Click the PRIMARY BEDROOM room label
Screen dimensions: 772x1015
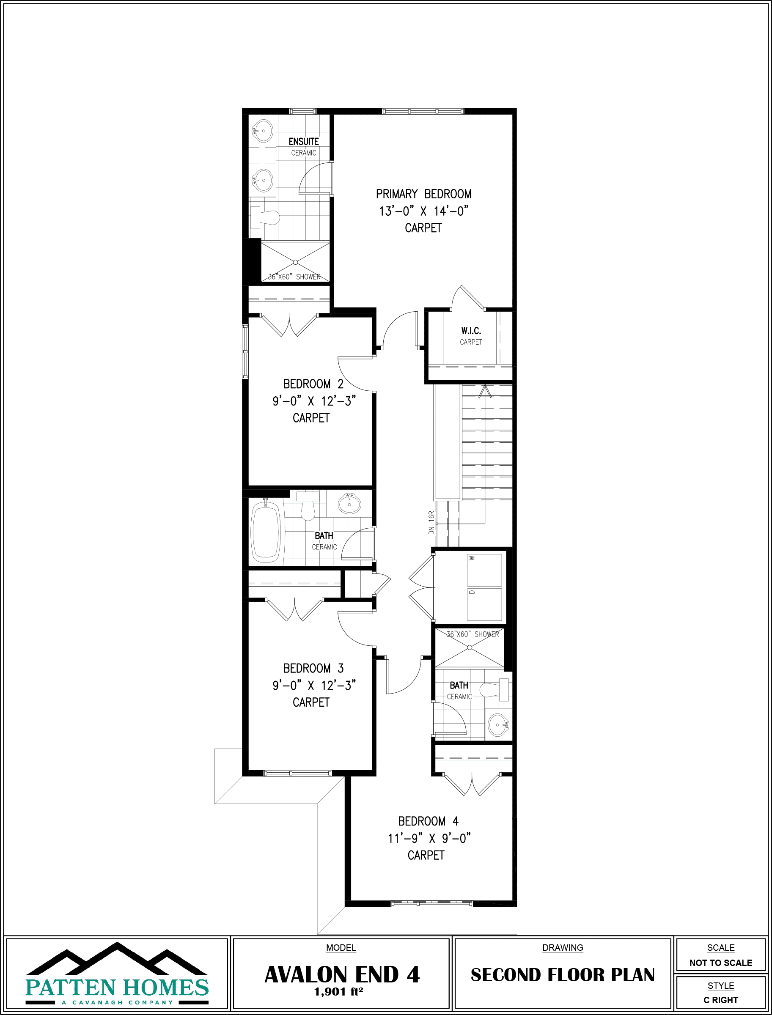[423, 194]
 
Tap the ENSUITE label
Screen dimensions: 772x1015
[303, 142]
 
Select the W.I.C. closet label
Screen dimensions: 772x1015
[471, 331]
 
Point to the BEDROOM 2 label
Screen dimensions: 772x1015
[313, 384]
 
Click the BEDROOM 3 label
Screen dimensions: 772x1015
[313, 668]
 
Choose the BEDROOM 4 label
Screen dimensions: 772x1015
[428, 821]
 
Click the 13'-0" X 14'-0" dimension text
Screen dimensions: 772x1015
[423, 211]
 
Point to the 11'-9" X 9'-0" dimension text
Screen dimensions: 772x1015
[429, 838]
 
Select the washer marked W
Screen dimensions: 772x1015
[484, 570]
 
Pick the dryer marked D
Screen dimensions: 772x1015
[484, 604]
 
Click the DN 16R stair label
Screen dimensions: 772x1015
[431, 523]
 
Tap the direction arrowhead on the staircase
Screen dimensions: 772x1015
[485, 391]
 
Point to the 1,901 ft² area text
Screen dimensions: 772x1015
[339, 992]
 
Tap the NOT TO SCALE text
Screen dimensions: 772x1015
[720, 963]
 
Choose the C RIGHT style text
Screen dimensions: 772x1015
[720, 1000]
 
